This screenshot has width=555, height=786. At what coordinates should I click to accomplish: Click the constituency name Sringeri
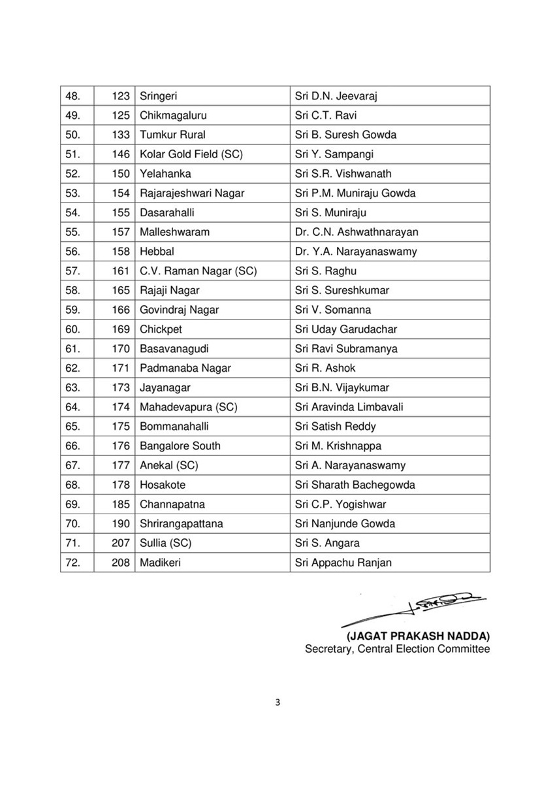tap(159, 96)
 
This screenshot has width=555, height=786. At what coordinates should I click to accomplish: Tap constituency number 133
tap(121, 135)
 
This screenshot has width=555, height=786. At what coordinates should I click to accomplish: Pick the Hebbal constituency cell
tap(157, 252)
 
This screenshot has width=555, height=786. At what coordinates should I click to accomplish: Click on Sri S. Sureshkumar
tap(340, 290)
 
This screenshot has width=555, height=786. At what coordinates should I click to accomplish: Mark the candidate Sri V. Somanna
tap(332, 310)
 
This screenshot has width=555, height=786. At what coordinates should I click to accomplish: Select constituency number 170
tap(121, 348)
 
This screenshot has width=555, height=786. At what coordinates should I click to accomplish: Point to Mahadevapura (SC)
tap(188, 407)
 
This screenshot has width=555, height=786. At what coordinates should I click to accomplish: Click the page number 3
tap(277, 703)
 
